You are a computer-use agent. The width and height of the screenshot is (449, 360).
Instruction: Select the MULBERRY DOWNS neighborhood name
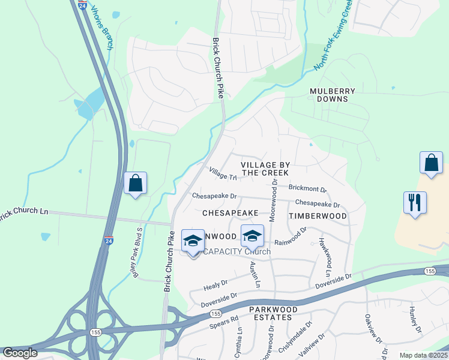333,95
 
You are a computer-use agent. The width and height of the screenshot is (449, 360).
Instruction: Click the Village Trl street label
223,173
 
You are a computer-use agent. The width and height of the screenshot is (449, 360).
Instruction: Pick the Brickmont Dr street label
307,188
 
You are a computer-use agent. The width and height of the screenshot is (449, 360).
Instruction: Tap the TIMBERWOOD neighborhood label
318,215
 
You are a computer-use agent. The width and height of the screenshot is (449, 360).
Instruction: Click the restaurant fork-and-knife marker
415,202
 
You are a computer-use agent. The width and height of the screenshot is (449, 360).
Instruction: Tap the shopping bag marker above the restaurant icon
432,163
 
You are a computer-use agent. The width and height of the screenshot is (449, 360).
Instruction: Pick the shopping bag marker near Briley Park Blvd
136,183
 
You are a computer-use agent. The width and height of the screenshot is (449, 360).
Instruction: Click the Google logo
19,353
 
